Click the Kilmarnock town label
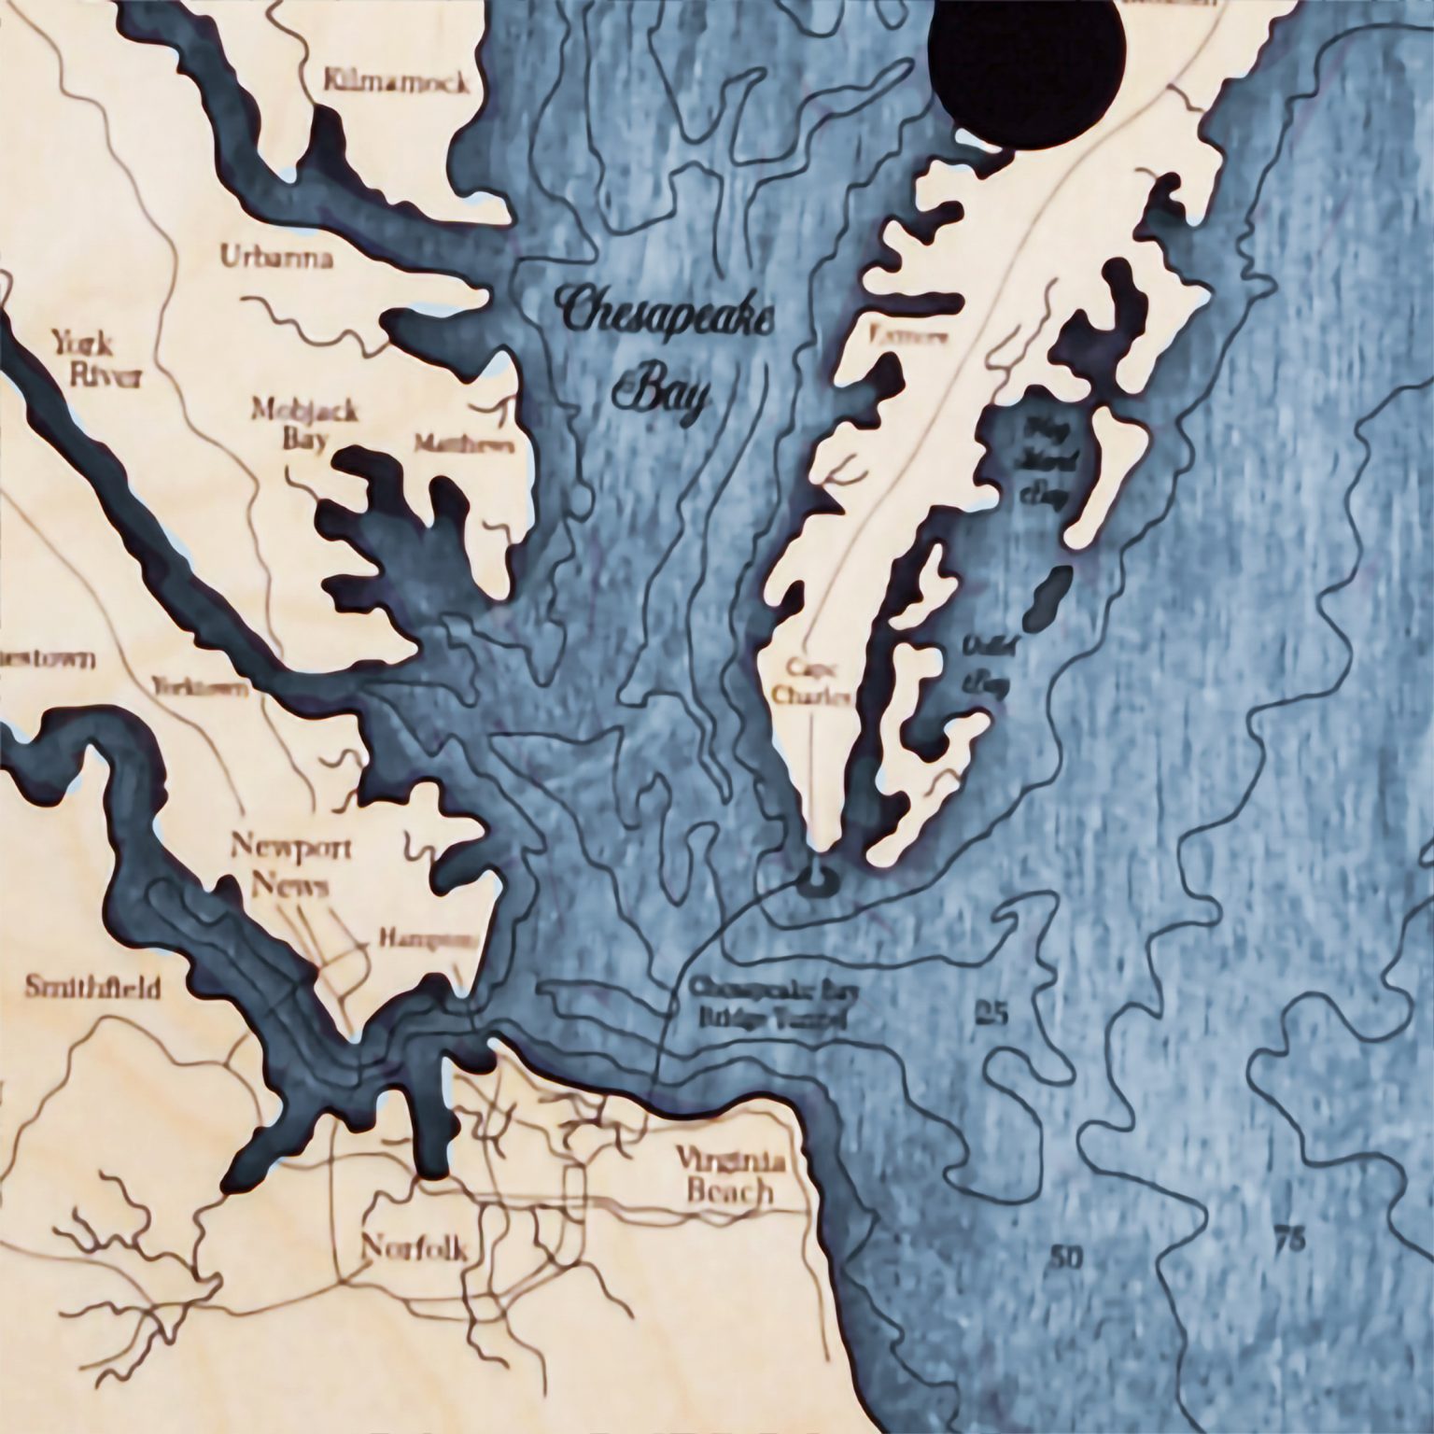click(397, 84)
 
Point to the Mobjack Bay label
click(293, 423)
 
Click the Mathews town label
click(463, 445)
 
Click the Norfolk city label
click(412, 1246)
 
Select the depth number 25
click(991, 1012)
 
